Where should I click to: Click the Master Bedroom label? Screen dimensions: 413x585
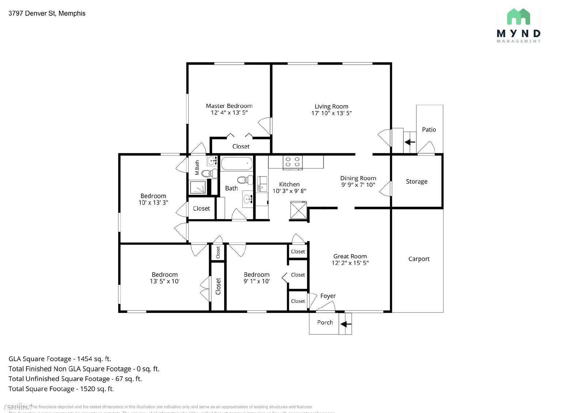pyautogui.click(x=229, y=106)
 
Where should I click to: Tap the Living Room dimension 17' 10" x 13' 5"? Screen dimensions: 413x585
pyautogui.click(x=331, y=113)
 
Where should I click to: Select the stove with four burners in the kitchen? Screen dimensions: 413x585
pyautogui.click(x=292, y=162)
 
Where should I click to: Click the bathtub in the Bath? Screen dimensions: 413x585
pyautogui.click(x=237, y=164)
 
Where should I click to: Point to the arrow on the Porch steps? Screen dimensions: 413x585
pyautogui.click(x=346, y=324)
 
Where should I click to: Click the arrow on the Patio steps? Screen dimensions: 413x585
pyautogui.click(x=410, y=142)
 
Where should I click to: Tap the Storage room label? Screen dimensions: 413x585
pyautogui.click(x=416, y=181)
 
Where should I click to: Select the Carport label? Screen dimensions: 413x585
pyautogui.click(x=419, y=259)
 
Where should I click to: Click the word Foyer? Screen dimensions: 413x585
pyautogui.click(x=328, y=296)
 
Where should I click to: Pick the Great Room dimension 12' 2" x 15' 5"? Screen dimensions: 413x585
pyautogui.click(x=350, y=263)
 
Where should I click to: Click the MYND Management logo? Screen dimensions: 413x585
pyautogui.click(x=518, y=26)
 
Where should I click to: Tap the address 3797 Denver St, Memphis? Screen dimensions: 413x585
pyautogui.click(x=47, y=14)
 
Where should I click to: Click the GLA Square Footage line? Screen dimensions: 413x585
pyautogui.click(x=60, y=359)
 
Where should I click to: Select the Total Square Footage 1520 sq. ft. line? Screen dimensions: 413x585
pyautogui.click(x=61, y=389)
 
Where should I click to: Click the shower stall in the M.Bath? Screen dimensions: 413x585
pyautogui.click(x=198, y=187)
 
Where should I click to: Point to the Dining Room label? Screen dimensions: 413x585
pyautogui.click(x=358, y=178)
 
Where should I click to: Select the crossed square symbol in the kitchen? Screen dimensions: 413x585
pyautogui.click(x=298, y=210)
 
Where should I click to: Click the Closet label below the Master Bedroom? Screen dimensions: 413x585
pyautogui.click(x=241, y=146)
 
